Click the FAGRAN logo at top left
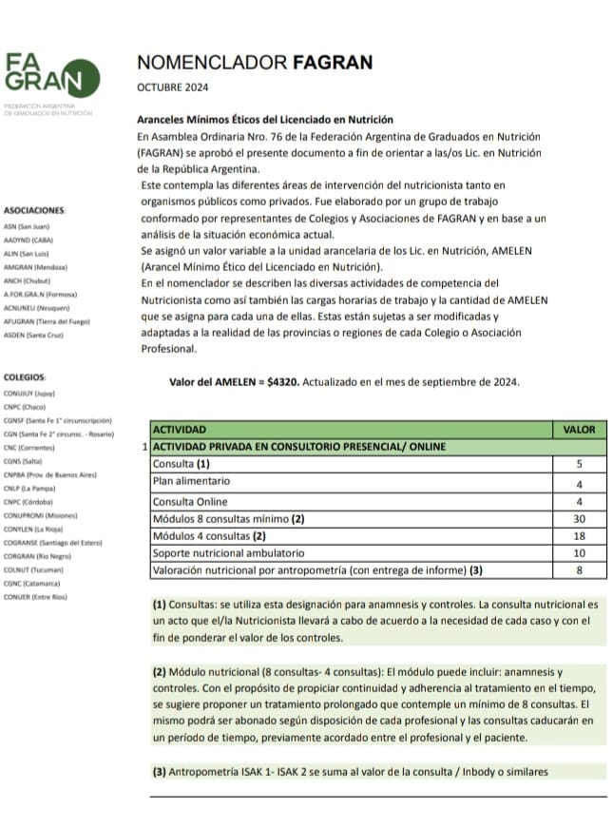click(44, 75)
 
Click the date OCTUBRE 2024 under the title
click(176, 87)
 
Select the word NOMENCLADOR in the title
click(198, 63)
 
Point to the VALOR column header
click(579, 429)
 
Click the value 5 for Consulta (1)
click(579, 464)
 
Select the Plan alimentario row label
click(194, 482)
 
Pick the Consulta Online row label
click(190, 501)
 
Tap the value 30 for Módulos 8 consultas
click(579, 519)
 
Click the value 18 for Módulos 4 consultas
click(579, 536)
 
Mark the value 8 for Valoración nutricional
click(579, 570)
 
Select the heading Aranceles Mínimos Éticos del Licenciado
click(265, 120)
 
